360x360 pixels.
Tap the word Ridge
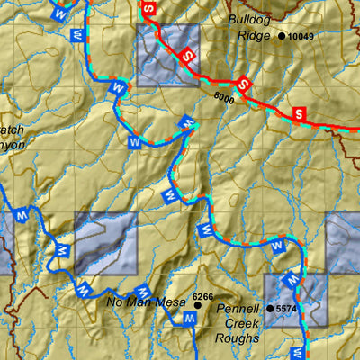(254, 37)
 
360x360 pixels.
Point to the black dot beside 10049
(282, 36)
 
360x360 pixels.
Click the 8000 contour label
(224, 99)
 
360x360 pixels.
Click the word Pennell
(238, 309)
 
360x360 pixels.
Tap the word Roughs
(237, 338)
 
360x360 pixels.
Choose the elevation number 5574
(286, 309)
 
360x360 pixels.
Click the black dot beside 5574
(269, 309)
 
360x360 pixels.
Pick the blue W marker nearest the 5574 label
(291, 278)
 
